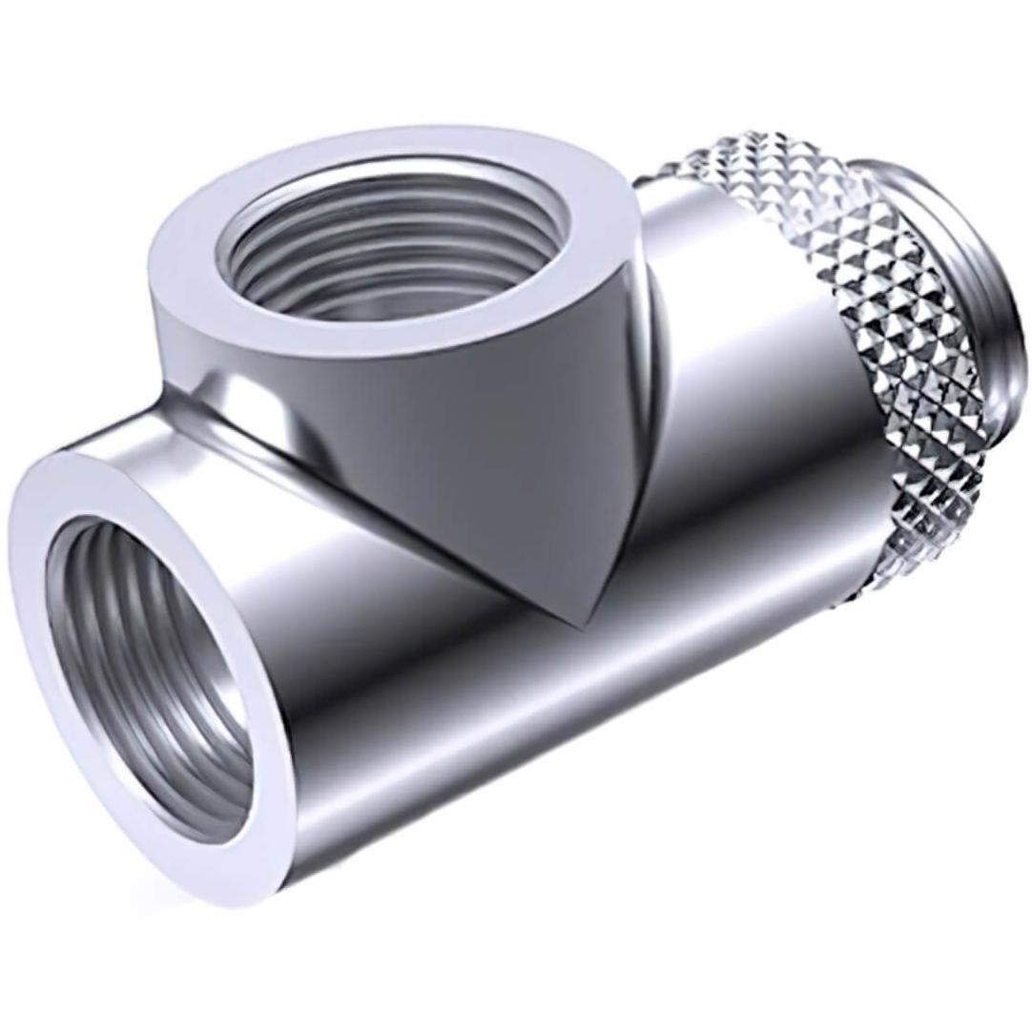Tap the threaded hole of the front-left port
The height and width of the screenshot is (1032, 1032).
pyautogui.click(x=143, y=668)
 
